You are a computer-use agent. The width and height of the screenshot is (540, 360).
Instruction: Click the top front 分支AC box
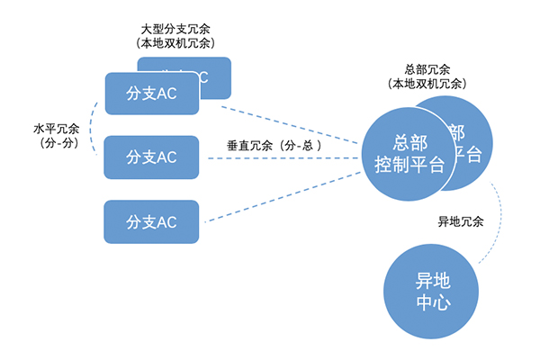coord(151,94)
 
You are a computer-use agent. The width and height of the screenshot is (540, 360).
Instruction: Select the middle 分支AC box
coord(151,157)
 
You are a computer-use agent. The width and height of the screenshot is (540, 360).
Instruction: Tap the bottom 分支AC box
coord(151,221)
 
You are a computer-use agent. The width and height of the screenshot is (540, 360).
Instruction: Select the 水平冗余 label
coord(57,128)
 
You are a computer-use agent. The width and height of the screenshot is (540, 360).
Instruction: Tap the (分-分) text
coord(57,142)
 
